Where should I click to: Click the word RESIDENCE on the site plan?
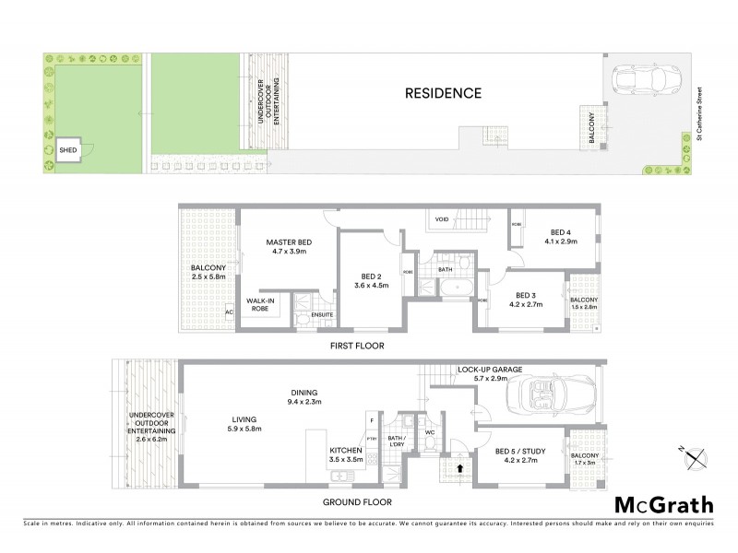[444, 93]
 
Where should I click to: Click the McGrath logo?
[662, 504]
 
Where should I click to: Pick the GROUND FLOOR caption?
[359, 502]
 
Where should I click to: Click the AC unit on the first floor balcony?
[229, 312]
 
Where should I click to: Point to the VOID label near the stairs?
[441, 219]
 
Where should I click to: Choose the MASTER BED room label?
[286, 241]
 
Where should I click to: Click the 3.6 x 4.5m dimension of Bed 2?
[372, 286]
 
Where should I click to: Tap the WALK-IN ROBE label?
[260, 305]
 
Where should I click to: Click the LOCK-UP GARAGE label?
[490, 369]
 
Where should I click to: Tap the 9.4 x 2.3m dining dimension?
[304, 401]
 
